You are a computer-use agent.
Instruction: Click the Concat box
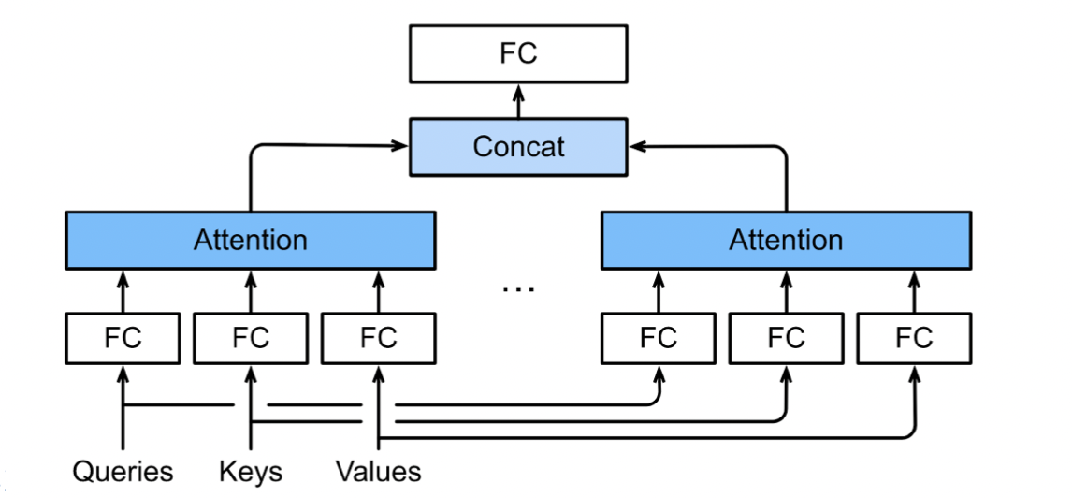518,147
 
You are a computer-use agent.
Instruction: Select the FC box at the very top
518,54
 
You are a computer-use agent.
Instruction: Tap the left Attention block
250,240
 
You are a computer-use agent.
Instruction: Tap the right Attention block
786,240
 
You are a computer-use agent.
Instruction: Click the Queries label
123,472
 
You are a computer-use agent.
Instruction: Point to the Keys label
250,472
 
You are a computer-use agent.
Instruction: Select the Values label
378,472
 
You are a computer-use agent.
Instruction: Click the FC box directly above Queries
123,338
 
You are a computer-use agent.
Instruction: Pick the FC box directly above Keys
250,338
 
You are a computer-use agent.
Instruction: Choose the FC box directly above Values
378,338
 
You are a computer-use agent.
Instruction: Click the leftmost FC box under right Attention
659,338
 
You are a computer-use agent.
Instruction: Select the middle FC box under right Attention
786,338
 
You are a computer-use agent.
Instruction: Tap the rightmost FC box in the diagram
914,338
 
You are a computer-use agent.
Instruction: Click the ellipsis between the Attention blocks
518,290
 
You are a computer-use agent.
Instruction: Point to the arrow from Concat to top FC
518,101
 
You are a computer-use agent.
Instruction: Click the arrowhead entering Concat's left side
400,145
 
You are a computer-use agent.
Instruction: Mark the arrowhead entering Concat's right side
636,146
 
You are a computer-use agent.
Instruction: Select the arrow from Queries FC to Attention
123,291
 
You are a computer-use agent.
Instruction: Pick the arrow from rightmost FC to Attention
914,291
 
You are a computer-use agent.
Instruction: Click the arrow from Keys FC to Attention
250,291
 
